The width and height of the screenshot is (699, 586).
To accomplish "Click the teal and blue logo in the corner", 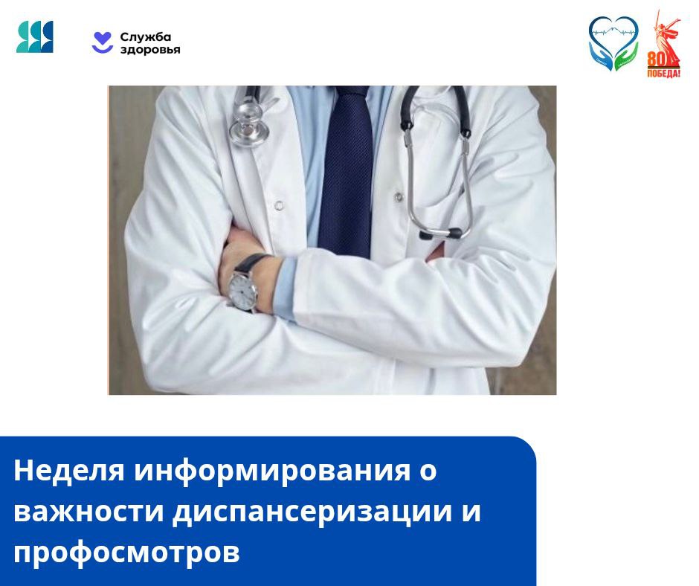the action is tap(35, 36).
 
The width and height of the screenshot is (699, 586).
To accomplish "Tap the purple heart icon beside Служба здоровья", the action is tap(103, 42).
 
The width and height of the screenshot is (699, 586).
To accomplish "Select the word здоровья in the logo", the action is tap(150, 50).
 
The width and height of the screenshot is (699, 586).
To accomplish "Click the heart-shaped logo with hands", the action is tap(613, 43).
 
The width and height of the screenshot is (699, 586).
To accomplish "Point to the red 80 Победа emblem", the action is tap(664, 44).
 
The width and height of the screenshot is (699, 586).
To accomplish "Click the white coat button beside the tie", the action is tap(279, 205).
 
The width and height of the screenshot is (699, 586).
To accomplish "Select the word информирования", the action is tap(272, 471).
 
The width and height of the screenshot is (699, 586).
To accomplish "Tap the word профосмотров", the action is tap(126, 553).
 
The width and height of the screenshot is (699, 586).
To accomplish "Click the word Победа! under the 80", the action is tap(664, 74).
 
